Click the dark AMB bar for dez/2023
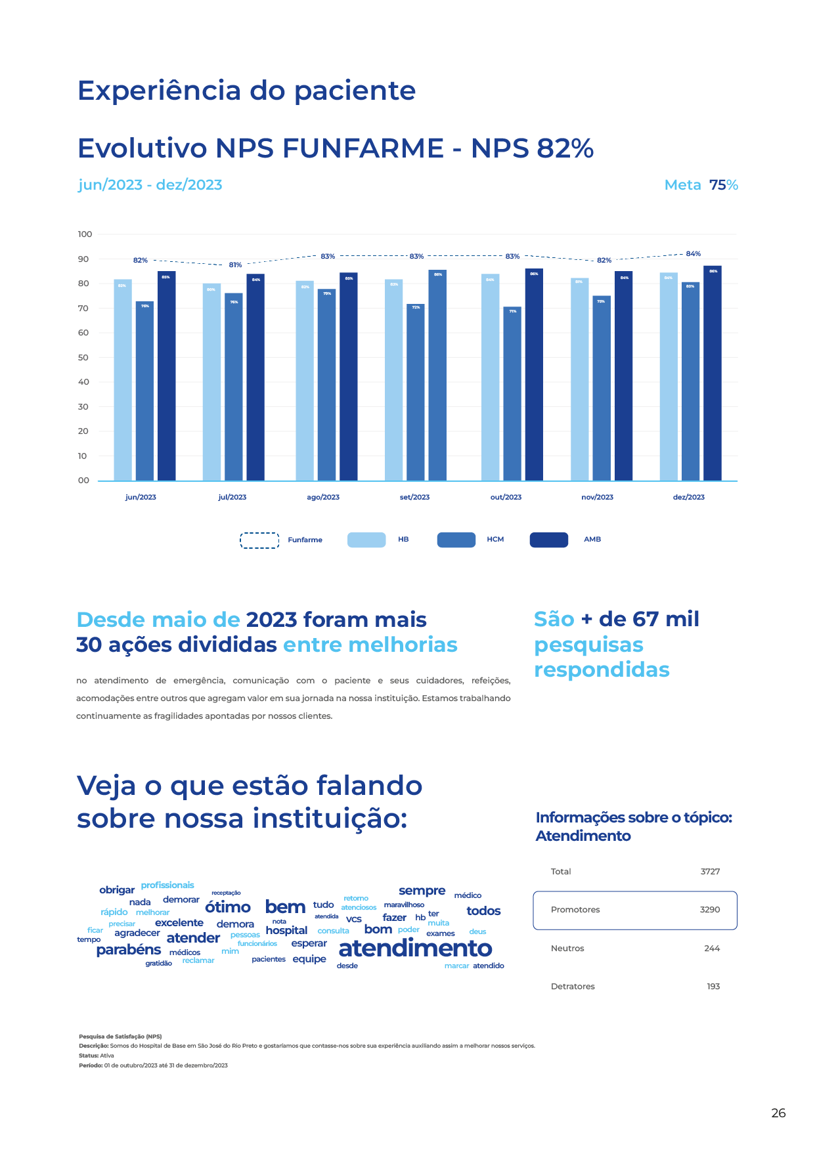coord(712,374)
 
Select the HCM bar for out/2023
coord(512,394)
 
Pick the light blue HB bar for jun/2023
coord(123,381)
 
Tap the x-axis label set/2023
coord(414,498)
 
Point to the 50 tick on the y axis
coord(83,358)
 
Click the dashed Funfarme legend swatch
coord(259,540)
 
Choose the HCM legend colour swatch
coord(456,540)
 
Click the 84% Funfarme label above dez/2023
coord(693,254)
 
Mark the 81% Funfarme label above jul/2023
coord(235,265)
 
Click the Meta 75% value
coord(723,185)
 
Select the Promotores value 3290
coord(709,910)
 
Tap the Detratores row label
coord(573,987)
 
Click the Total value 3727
coord(710,872)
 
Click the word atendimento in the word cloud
coord(415,949)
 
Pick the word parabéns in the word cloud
coord(129,950)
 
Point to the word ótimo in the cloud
coord(228,907)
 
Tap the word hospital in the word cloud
coord(286,931)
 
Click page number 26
coord(778,1113)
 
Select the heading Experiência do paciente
coord(246,91)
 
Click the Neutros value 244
coord(712,949)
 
